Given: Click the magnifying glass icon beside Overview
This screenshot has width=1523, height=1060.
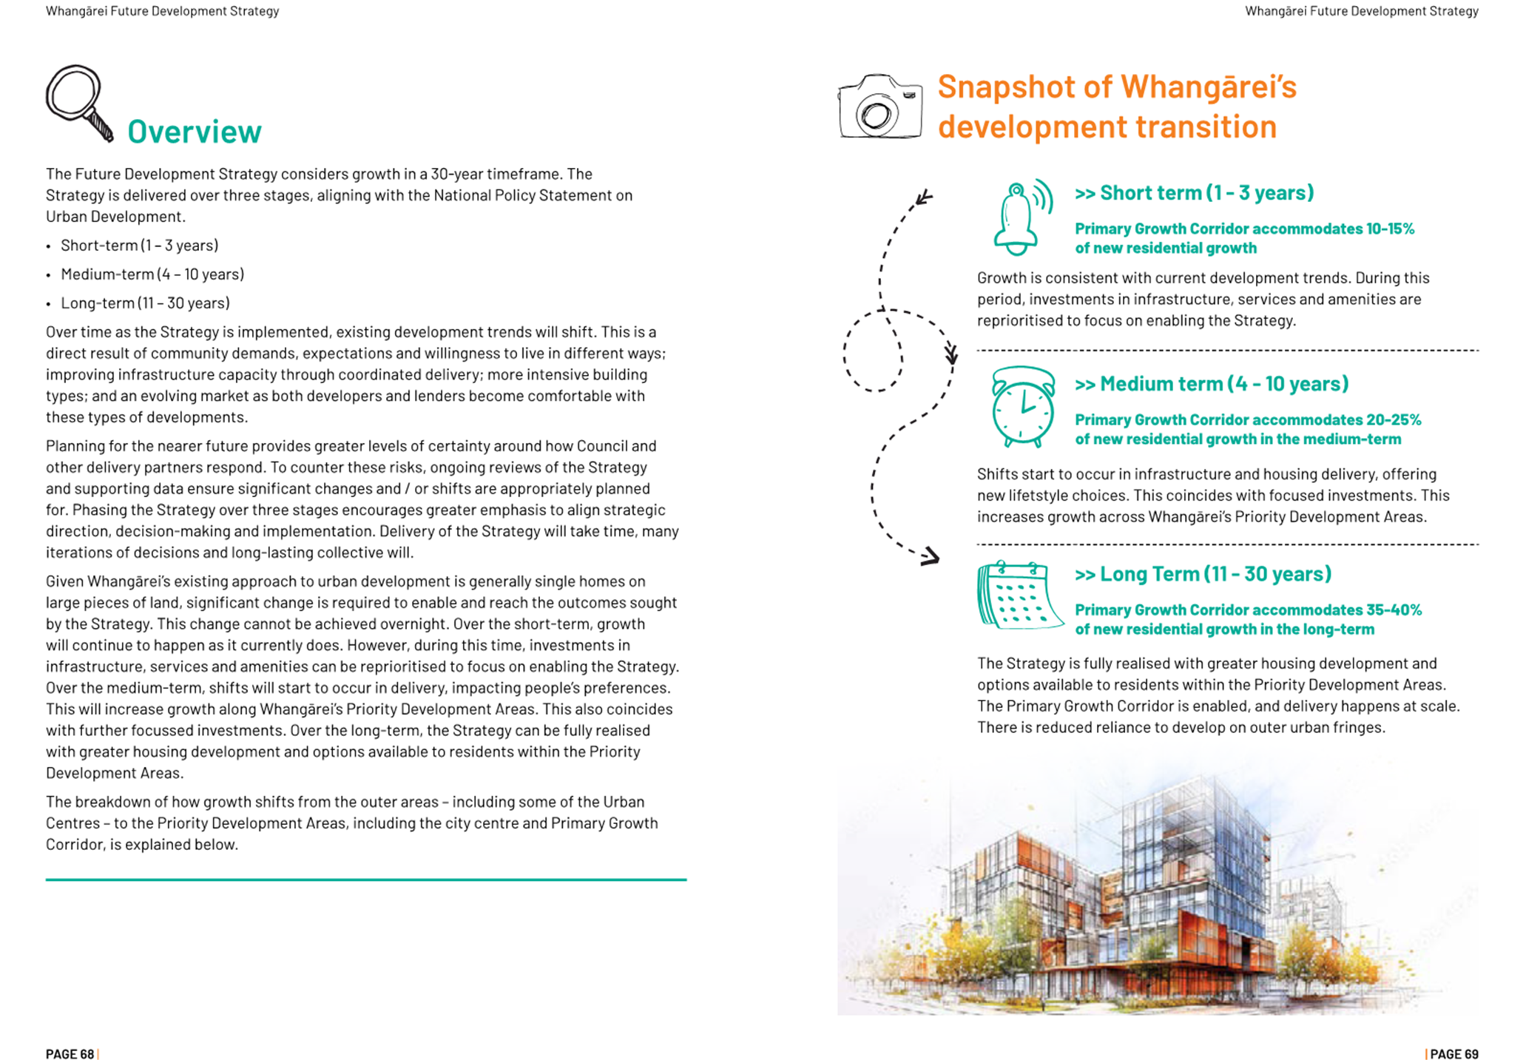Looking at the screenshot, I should click(x=78, y=102).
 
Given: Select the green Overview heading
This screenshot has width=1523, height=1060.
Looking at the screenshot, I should click(x=194, y=132).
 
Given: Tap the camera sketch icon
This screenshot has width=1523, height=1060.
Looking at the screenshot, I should click(x=879, y=107).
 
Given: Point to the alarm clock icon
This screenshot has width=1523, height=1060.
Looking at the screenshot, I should click(x=1023, y=407).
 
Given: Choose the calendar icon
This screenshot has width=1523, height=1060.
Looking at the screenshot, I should click(x=1019, y=595).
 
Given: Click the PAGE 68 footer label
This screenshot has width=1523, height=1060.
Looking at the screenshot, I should click(x=70, y=1054).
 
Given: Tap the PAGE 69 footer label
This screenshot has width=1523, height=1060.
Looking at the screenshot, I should click(x=1453, y=1054).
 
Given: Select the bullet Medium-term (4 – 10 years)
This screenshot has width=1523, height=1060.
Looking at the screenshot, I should click(x=152, y=274).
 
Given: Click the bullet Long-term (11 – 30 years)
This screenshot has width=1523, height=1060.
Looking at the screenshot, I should click(x=145, y=303).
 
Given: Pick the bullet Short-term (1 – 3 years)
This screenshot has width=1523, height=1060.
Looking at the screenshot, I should click(x=139, y=246).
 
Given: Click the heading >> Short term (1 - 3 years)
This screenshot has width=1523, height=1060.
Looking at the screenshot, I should click(x=1194, y=193).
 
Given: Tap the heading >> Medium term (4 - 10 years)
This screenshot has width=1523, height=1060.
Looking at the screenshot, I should click(x=1211, y=384).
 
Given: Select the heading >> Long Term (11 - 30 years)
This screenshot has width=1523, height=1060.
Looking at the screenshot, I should click(x=1203, y=574).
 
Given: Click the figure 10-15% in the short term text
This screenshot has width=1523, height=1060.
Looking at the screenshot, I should click(x=1390, y=229).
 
